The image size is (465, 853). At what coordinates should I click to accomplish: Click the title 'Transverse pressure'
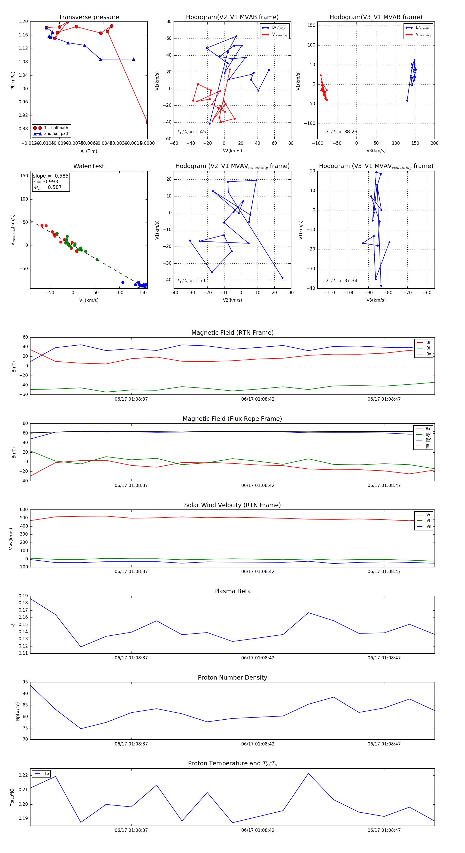89,17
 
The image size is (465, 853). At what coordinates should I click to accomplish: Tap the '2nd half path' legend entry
57,134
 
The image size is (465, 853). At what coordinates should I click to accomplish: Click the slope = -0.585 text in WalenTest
51,176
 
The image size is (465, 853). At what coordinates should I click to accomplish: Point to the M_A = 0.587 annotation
47,187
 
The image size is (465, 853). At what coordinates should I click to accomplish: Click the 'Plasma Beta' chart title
232,591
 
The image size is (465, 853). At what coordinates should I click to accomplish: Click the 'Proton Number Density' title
232,677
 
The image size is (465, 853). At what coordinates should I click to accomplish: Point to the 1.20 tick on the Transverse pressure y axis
23,21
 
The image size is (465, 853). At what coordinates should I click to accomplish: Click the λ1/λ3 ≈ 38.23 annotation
342,132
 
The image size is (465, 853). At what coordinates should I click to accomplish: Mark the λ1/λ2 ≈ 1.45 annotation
192,132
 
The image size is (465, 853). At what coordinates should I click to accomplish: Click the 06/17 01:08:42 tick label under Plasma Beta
258,658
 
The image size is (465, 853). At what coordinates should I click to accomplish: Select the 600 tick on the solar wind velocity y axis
24,510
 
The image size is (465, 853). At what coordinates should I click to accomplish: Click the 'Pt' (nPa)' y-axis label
13,80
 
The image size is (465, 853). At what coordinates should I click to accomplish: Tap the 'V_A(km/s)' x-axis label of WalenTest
89,300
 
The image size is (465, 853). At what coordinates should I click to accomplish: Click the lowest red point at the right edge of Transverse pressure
147,123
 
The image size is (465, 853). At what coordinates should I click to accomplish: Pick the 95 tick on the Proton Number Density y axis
25,682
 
